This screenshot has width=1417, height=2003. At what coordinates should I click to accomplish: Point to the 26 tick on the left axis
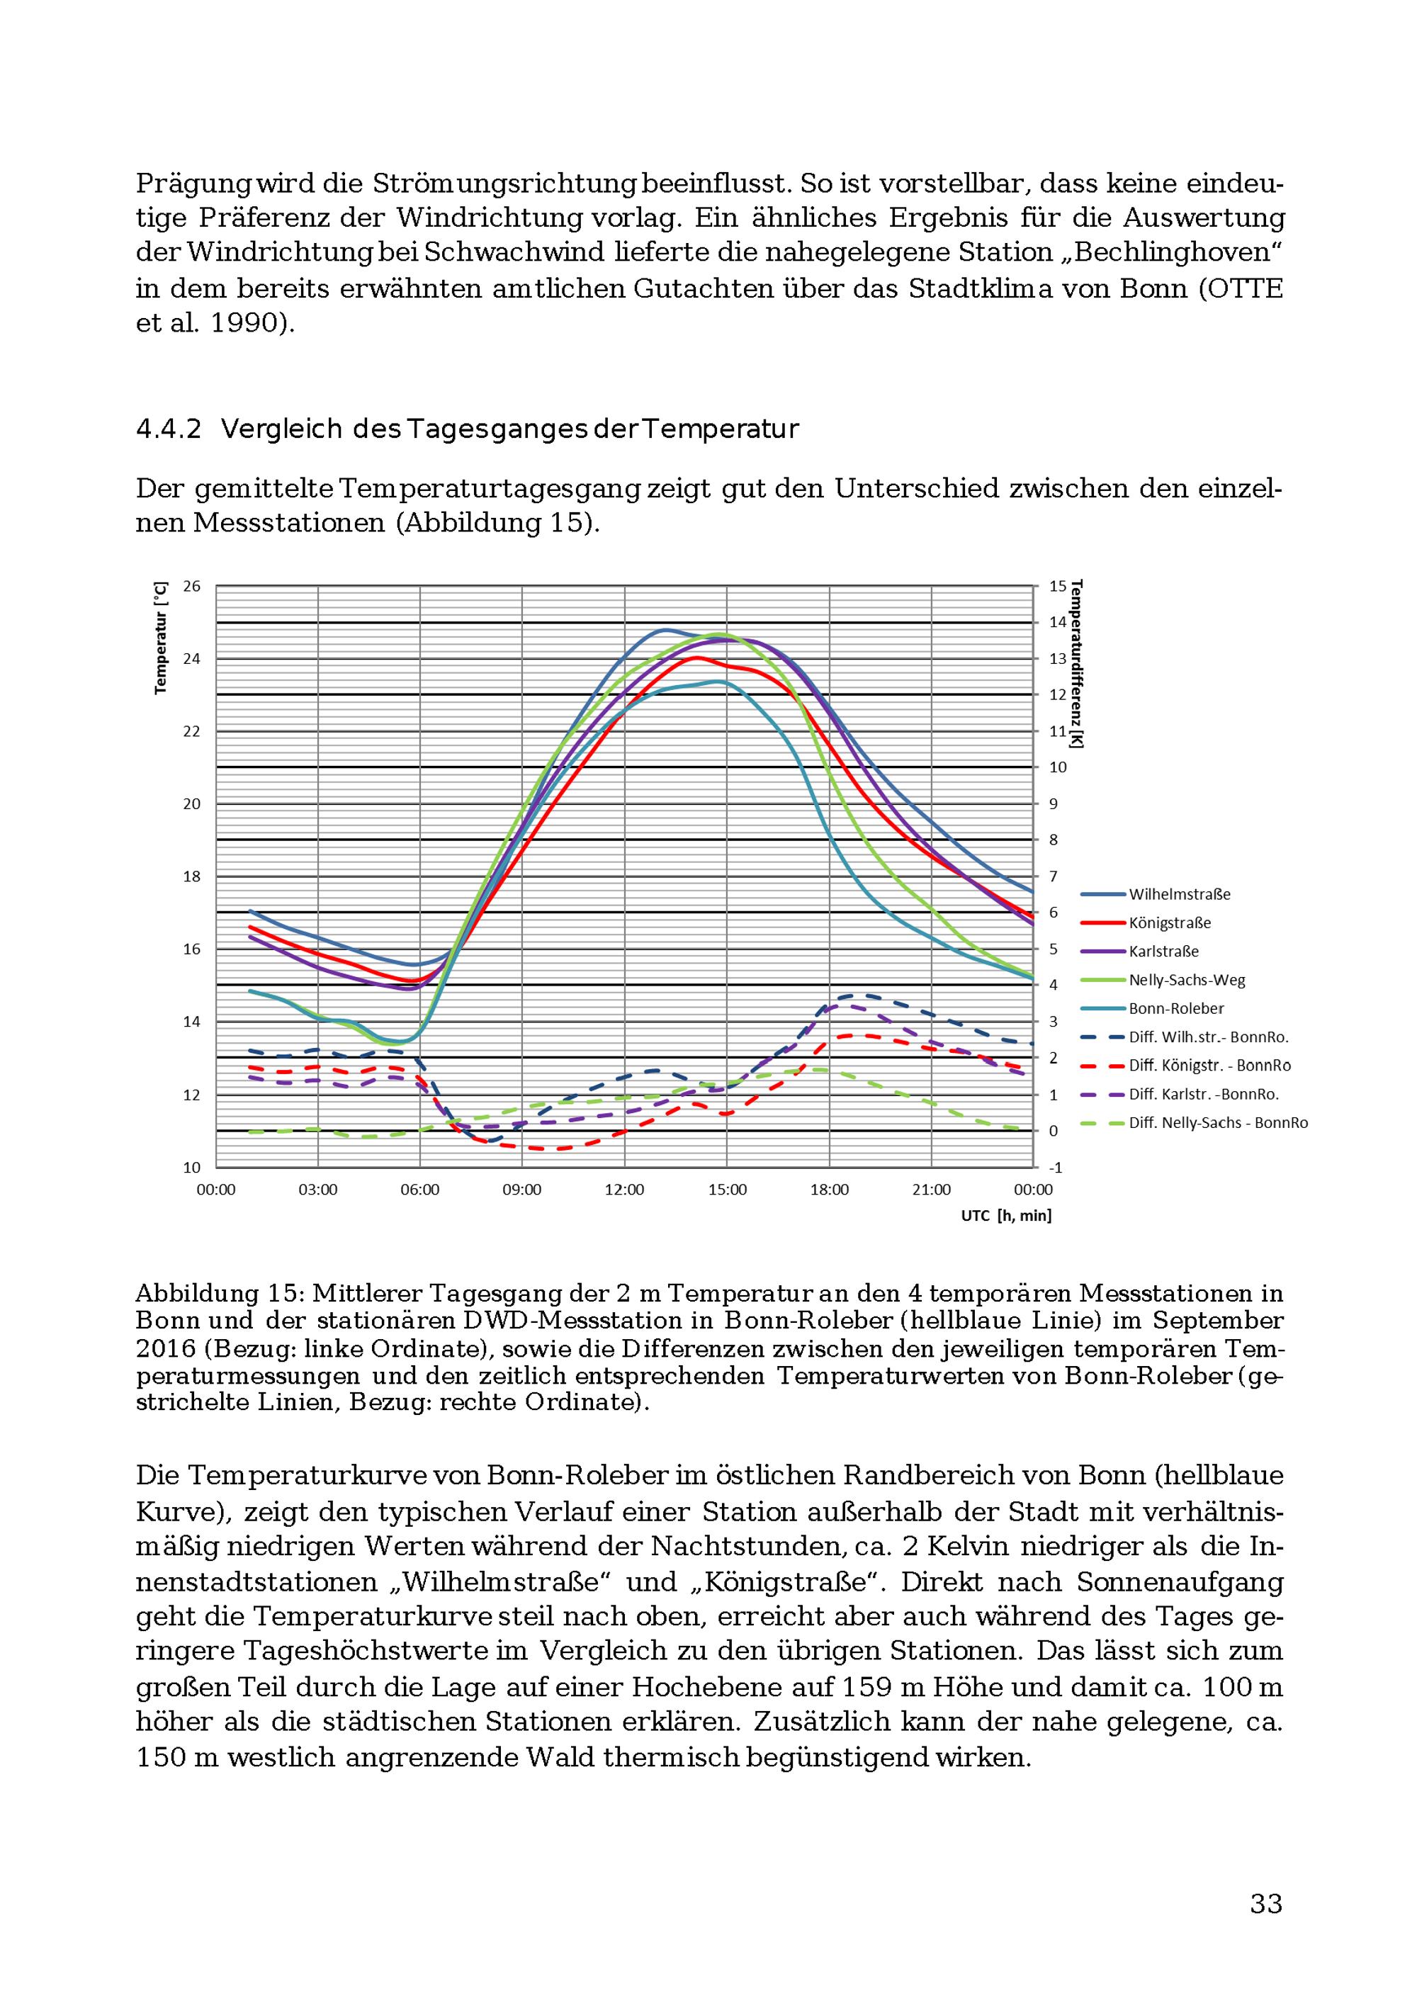pyautogui.click(x=191, y=586)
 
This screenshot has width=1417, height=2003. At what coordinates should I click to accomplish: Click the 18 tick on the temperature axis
pyautogui.click(x=191, y=876)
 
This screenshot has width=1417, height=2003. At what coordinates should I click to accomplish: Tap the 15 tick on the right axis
pyautogui.click(x=1058, y=586)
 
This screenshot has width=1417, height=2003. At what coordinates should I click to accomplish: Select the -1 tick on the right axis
pyautogui.click(x=1056, y=1167)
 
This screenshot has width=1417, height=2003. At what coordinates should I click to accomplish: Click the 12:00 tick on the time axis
pyautogui.click(x=625, y=1190)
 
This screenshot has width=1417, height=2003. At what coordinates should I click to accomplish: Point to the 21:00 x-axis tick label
pyautogui.click(x=932, y=1190)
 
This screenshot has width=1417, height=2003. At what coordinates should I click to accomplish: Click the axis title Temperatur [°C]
pyautogui.click(x=161, y=638)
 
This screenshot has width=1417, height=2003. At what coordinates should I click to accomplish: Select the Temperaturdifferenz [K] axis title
pyautogui.click(x=1078, y=664)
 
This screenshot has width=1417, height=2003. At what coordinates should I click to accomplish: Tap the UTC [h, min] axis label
pyautogui.click(x=1006, y=1215)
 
